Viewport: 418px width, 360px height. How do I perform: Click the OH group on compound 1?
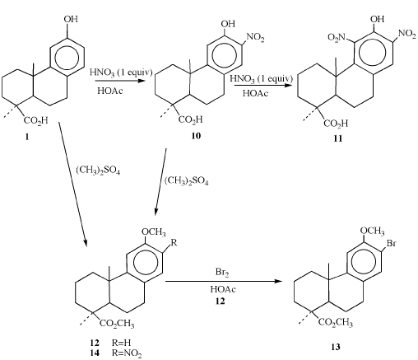point(71,19)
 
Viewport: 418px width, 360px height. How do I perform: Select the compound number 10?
point(196,136)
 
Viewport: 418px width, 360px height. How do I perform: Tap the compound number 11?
point(338,138)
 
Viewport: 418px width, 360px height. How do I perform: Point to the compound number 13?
point(336,347)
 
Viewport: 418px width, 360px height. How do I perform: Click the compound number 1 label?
point(27,137)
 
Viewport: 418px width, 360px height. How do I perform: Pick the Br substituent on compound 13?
point(392,243)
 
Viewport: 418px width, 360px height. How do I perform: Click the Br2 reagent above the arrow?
point(222,273)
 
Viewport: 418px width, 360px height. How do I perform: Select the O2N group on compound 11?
point(337,37)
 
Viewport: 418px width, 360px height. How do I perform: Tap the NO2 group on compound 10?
point(256,37)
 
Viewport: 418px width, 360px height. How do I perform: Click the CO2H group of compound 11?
point(336,124)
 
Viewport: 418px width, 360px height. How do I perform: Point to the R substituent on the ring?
point(174,243)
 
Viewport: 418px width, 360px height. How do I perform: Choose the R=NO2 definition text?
point(127,353)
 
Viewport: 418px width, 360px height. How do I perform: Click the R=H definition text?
point(121,343)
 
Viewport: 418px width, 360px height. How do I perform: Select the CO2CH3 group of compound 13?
point(336,322)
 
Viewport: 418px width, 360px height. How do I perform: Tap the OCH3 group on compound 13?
point(372,231)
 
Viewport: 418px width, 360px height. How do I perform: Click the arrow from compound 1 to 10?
point(120,81)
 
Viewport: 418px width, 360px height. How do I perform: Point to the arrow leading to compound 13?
point(224,282)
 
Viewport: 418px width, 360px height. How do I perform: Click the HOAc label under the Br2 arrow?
point(223,289)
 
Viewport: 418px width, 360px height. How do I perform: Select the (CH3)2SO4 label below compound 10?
point(187,181)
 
